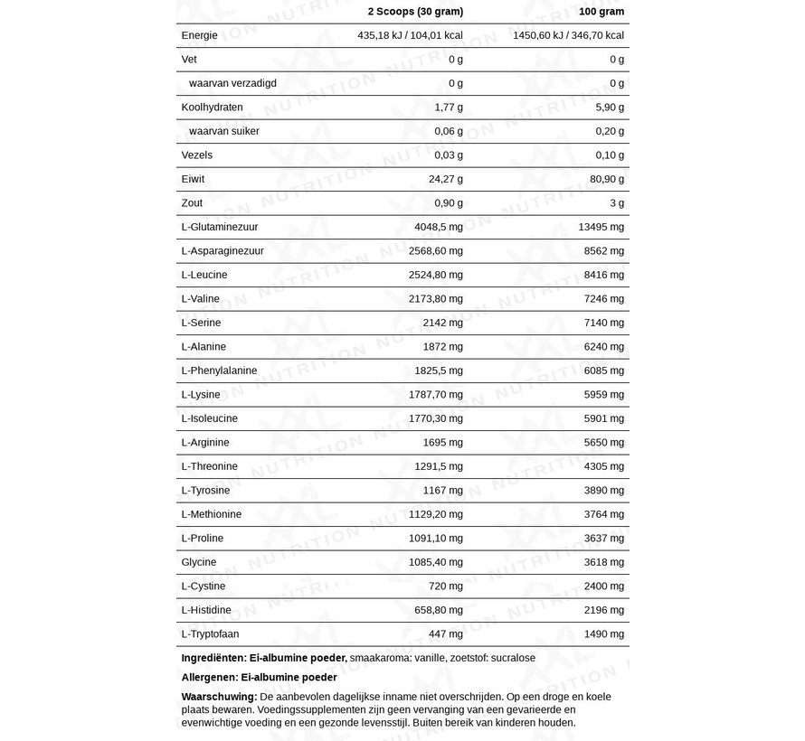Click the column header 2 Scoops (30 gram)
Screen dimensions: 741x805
click(x=415, y=11)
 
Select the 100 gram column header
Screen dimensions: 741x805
click(x=601, y=11)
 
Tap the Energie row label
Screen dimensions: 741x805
click(x=200, y=35)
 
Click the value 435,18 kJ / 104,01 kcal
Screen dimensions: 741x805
click(x=411, y=35)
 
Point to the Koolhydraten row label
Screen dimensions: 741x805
click(x=213, y=107)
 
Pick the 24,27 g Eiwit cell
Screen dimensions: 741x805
click(x=446, y=179)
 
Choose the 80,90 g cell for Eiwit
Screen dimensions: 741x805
click(x=607, y=179)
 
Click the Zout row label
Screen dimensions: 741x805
click(x=192, y=202)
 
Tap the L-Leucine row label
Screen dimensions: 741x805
click(x=204, y=275)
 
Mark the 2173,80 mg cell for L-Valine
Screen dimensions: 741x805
click(x=436, y=298)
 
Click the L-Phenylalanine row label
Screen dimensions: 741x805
click(x=220, y=370)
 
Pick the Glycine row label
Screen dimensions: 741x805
click(x=199, y=562)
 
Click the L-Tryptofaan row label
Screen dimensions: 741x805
click(x=211, y=633)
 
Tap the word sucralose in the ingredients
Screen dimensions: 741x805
click(x=513, y=658)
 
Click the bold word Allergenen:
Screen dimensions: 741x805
click(x=210, y=677)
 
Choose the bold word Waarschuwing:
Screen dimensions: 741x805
click(x=219, y=697)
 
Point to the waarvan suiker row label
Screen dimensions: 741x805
click(x=224, y=131)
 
